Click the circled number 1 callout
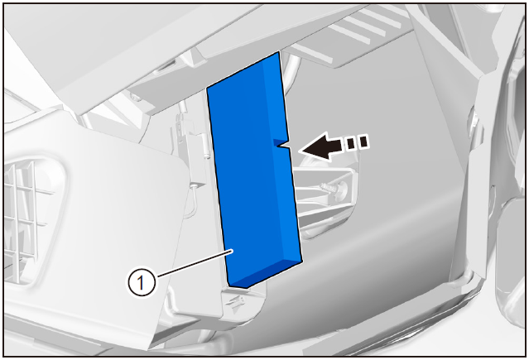(142, 281)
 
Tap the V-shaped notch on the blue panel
(282, 144)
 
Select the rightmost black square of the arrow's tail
(363, 142)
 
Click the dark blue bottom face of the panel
(265, 274)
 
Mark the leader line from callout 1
(195, 263)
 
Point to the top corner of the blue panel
(279, 51)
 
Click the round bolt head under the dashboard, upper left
(135, 98)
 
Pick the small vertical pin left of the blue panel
(206, 145)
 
